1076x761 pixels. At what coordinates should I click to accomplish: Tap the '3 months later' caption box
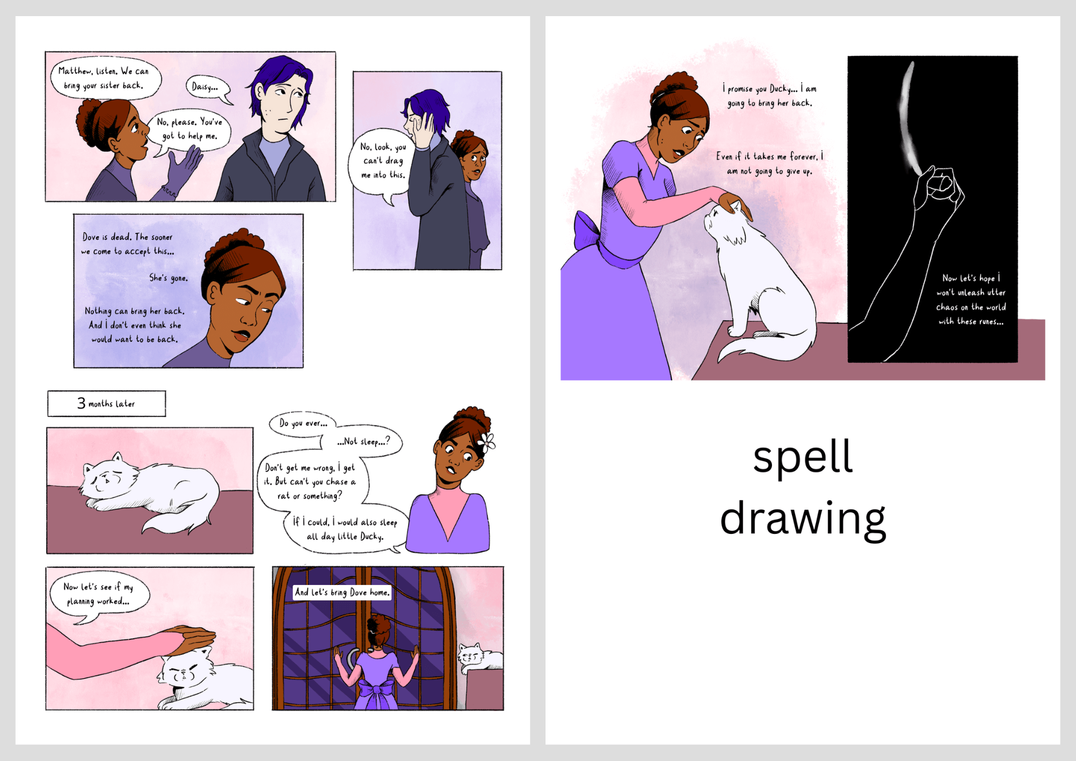coord(107,404)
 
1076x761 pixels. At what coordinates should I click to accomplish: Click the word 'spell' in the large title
coord(803,457)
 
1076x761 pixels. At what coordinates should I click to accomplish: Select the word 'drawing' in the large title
coord(803,519)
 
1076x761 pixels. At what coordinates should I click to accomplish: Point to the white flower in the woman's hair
coord(487,442)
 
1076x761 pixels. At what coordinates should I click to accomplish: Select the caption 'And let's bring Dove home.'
coord(342,593)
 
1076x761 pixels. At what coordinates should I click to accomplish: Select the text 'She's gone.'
coord(168,278)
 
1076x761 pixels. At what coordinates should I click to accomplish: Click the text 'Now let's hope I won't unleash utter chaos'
coord(971,292)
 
